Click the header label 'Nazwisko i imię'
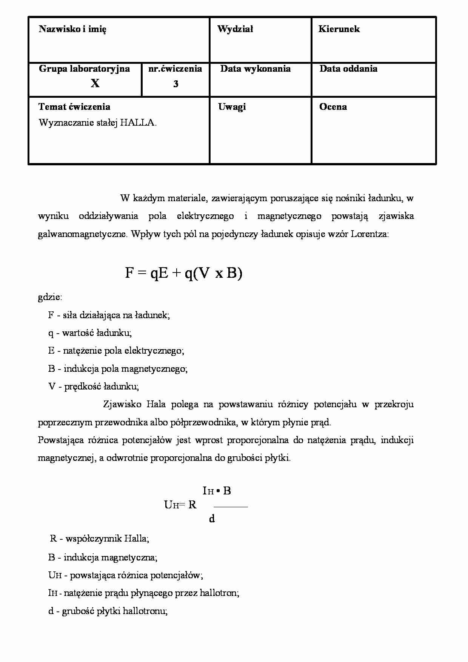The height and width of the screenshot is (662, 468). click(x=72, y=29)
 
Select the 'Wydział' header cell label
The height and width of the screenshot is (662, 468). click(x=235, y=29)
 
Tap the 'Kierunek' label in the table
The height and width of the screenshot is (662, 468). click(x=339, y=29)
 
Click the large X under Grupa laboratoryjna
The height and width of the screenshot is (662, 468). click(x=95, y=83)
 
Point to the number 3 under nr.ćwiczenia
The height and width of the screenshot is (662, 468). click(x=175, y=84)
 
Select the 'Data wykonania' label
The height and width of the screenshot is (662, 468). click(x=255, y=69)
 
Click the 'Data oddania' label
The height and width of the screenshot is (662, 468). click(x=348, y=69)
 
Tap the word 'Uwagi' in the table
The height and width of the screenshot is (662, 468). click(x=232, y=107)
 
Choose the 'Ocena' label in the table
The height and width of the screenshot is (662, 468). click(x=333, y=107)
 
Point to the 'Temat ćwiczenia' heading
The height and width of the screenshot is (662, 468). click(x=74, y=107)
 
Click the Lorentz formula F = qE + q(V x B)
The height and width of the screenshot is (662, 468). click(x=183, y=273)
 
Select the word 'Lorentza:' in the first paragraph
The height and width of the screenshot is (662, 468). click(x=369, y=234)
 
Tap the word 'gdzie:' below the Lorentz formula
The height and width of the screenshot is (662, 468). click(x=50, y=297)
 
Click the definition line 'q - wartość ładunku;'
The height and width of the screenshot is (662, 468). click(x=90, y=333)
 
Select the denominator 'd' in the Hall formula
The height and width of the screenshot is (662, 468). click(x=212, y=519)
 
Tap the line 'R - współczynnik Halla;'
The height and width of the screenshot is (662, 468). click(x=100, y=539)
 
